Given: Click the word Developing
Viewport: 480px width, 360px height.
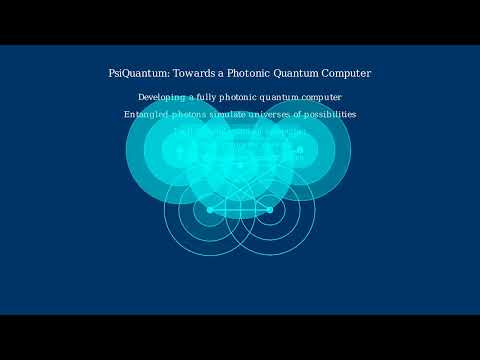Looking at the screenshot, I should pyautogui.click(x=161, y=97).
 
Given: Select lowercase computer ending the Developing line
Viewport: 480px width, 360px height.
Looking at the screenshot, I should pyautogui.click(x=322, y=97).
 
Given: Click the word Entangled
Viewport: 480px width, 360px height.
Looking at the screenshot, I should pyautogui.click(x=146, y=114).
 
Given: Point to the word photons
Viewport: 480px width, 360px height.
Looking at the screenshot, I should pyautogui.click(x=194, y=114).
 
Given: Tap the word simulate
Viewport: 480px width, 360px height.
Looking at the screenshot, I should pyautogui.click(x=236, y=114).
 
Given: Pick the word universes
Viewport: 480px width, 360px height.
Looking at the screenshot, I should pyautogui.click(x=281, y=114).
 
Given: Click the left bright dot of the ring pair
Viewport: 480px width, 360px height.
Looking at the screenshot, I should pyautogui.click(x=210, y=210).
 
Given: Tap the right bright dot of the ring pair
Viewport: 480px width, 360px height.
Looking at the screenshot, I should pyautogui.click(x=270, y=210).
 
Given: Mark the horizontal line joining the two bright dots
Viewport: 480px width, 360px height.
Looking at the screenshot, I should pyautogui.click(x=240, y=210).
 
